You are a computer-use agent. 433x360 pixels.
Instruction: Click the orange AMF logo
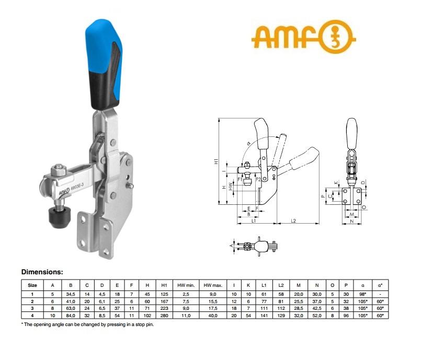tap(303, 37)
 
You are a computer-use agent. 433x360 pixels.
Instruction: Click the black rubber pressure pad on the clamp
tap(60, 218)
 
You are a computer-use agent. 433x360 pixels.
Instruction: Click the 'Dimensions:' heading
tap(42, 272)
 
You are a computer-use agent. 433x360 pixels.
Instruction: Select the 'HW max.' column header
tap(213, 285)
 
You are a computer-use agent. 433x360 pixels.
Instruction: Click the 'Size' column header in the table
tap(32, 285)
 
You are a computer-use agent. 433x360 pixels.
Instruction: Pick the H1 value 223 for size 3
tap(164, 308)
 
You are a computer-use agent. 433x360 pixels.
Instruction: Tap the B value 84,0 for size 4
tap(71, 316)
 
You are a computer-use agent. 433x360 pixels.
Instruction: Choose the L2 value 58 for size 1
tap(281, 294)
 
